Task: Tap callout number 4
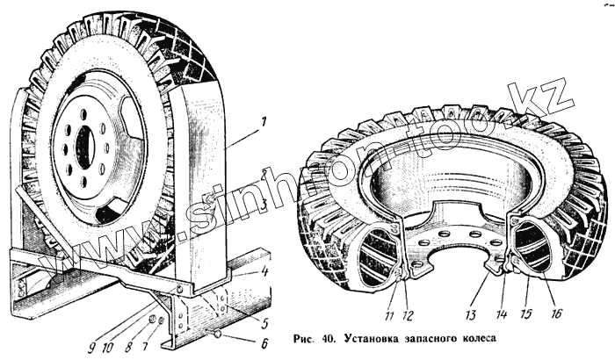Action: [264, 271]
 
